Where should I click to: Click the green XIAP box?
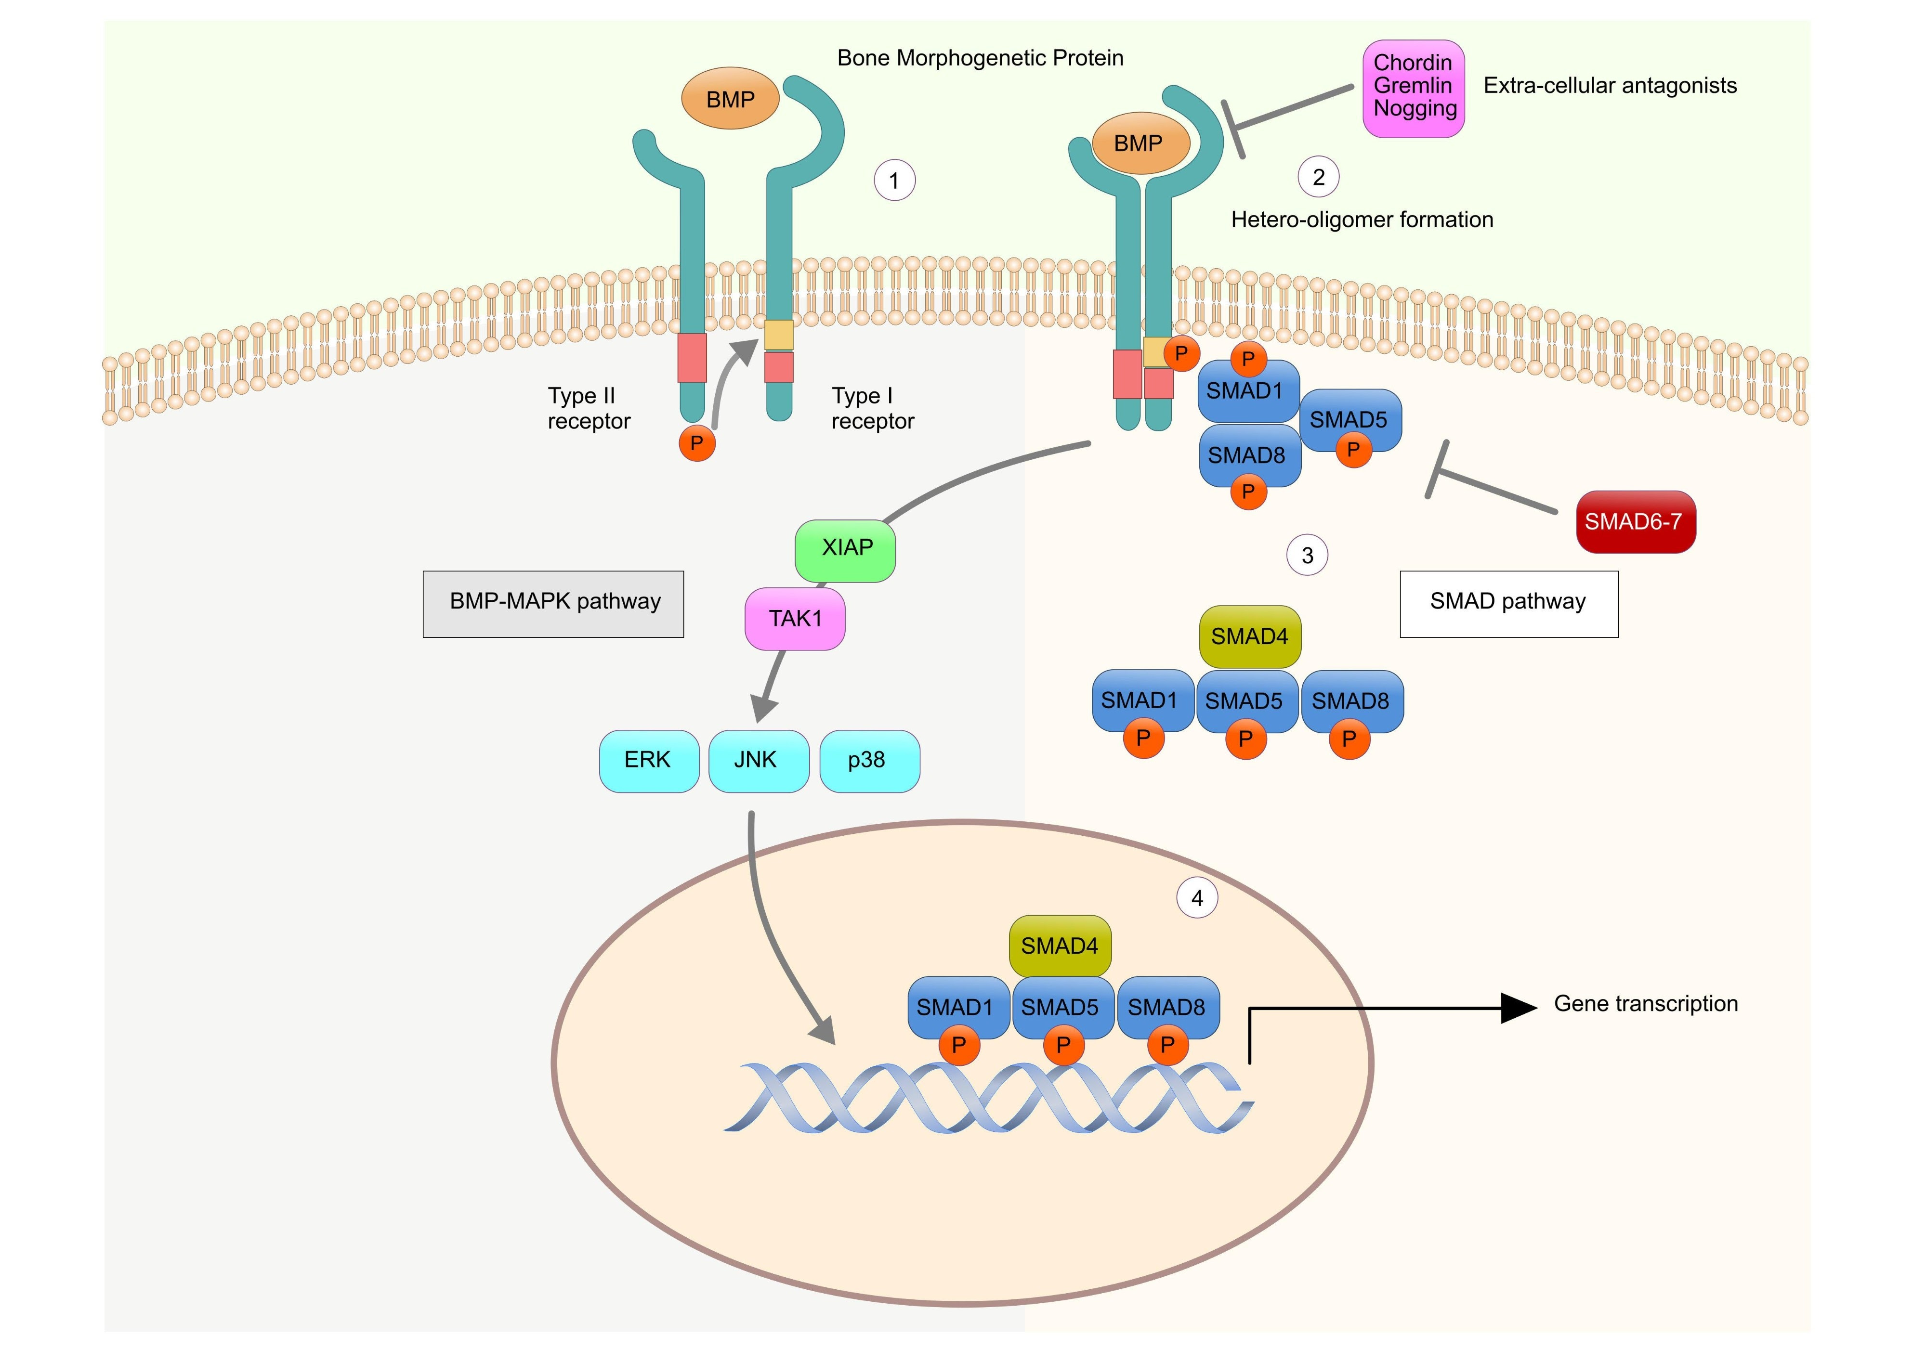[845, 551]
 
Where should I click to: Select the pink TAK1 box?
[794, 619]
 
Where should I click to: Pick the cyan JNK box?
[759, 761]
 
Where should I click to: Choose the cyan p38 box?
[869, 761]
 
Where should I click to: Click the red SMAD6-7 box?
[1636, 521]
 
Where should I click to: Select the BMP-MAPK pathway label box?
[553, 604]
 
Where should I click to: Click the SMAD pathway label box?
[1509, 604]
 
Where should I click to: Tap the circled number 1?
[894, 180]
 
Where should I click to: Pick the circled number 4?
[1197, 898]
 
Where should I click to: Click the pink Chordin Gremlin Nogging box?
[1414, 88]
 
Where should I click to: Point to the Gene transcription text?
[1646, 1004]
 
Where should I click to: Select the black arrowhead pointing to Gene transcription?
[1519, 1008]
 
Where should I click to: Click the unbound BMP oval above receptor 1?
[730, 99]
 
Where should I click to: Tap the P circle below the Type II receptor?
[697, 443]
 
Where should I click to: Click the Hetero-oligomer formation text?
[1363, 220]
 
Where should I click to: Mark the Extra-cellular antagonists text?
[1610, 86]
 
